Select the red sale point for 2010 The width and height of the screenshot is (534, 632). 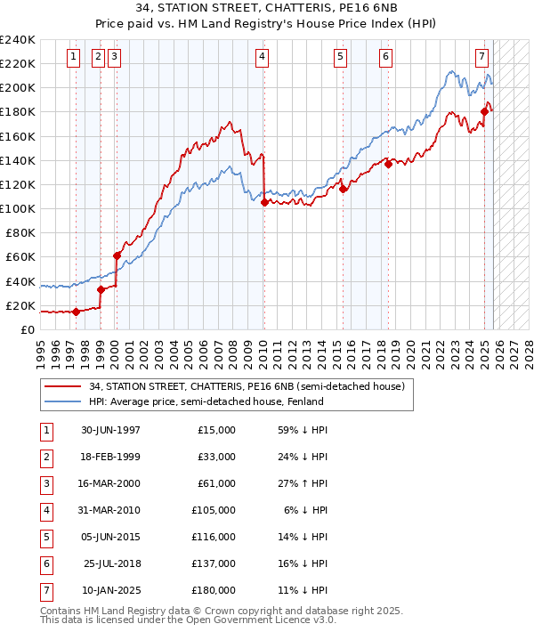click(264, 203)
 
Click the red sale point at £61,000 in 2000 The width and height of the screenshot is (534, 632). click(117, 255)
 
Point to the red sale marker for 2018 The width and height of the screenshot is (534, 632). click(388, 164)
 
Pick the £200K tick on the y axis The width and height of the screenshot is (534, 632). click(18, 88)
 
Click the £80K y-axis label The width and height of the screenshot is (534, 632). click(20, 233)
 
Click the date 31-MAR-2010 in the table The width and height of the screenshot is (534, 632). click(110, 511)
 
